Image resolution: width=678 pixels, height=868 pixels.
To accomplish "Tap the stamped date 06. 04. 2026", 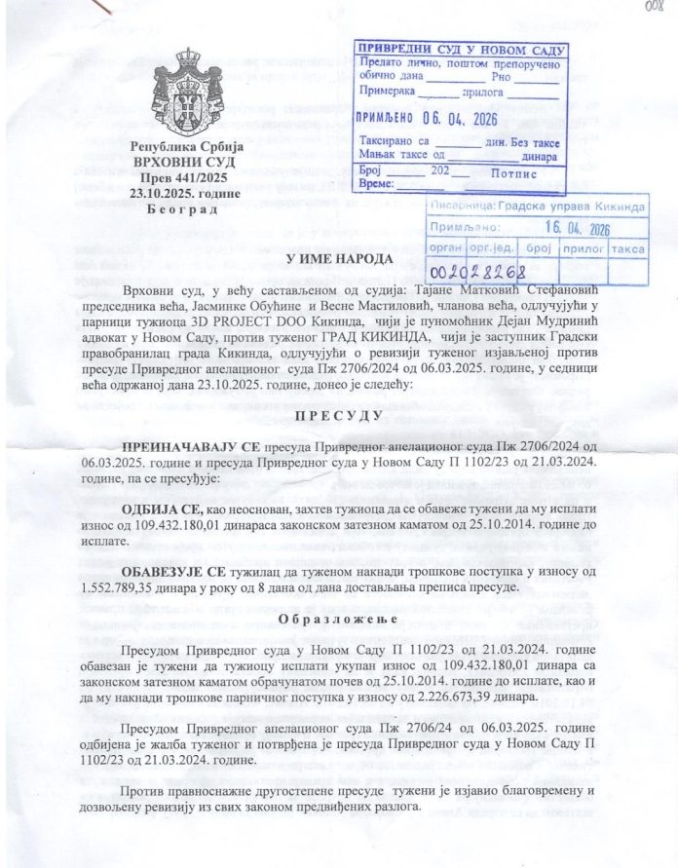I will click(466, 119).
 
